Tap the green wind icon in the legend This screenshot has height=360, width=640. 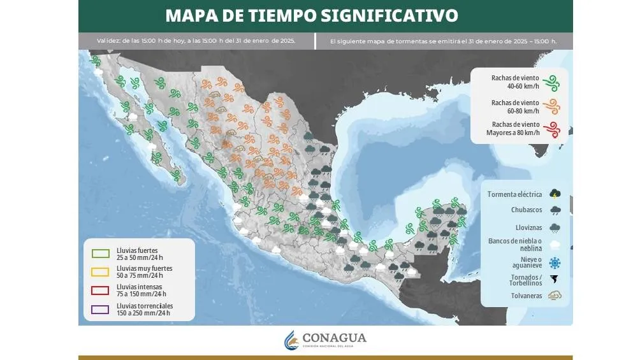pyautogui.click(x=553, y=82)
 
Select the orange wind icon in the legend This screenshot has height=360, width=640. pyautogui.click(x=553, y=106)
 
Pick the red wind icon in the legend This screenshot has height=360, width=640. pyautogui.click(x=553, y=129)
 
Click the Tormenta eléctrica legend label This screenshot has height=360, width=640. pyautogui.click(x=514, y=194)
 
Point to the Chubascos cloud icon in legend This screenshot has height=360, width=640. pyautogui.click(x=555, y=210)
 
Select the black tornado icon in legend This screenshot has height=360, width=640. pyautogui.click(x=555, y=280)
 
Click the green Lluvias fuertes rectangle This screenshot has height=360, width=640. pyautogui.click(x=100, y=254)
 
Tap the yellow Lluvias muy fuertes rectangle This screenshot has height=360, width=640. pyautogui.click(x=100, y=272)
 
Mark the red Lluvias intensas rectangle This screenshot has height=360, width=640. pyautogui.click(x=100, y=291)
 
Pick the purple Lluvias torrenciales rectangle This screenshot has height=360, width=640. pyautogui.click(x=100, y=310)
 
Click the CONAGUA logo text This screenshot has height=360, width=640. pyautogui.click(x=335, y=338)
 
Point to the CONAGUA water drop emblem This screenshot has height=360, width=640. pyautogui.click(x=291, y=340)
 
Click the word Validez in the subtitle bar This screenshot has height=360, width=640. pyautogui.click(x=108, y=41)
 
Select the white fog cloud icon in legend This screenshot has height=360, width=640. pyautogui.click(x=555, y=244)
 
